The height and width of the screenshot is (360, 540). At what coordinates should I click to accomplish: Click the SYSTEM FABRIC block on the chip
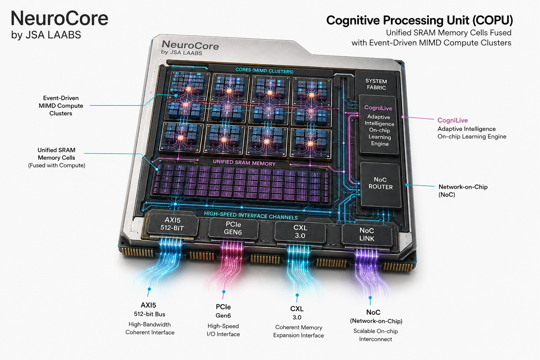[x=376, y=83]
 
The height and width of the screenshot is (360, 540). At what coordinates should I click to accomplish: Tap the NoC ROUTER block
[x=380, y=185]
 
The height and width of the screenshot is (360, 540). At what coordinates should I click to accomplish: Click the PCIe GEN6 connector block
[x=233, y=228]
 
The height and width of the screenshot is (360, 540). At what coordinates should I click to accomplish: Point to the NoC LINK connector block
[x=367, y=235]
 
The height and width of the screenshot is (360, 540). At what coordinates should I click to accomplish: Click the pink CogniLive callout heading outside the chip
[x=452, y=120]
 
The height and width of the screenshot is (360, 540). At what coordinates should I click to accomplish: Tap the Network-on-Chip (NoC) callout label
[x=463, y=191]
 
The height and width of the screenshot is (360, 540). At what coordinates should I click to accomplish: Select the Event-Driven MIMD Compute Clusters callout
[x=61, y=105]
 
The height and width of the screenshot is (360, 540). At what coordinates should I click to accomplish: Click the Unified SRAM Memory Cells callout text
[x=57, y=158]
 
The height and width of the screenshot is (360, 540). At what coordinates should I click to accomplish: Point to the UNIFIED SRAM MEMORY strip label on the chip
[x=244, y=162]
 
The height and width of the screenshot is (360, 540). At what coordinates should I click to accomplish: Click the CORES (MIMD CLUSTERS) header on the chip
[x=264, y=70]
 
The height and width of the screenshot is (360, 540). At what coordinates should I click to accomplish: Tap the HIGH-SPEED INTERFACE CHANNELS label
[x=251, y=215]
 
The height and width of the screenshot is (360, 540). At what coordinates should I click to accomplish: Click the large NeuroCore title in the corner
[x=59, y=18]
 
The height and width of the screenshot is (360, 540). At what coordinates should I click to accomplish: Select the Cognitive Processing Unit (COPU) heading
[x=419, y=20]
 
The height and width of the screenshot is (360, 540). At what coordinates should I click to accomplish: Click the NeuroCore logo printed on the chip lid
[x=190, y=47]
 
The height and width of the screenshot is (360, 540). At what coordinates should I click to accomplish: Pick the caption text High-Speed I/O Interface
[x=223, y=330]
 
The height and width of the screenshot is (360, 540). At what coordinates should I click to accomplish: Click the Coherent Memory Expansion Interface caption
[x=298, y=331]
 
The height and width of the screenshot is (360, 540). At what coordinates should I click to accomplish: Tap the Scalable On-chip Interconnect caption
[x=375, y=335]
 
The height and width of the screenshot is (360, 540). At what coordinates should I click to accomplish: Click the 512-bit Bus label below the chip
[x=149, y=314]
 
